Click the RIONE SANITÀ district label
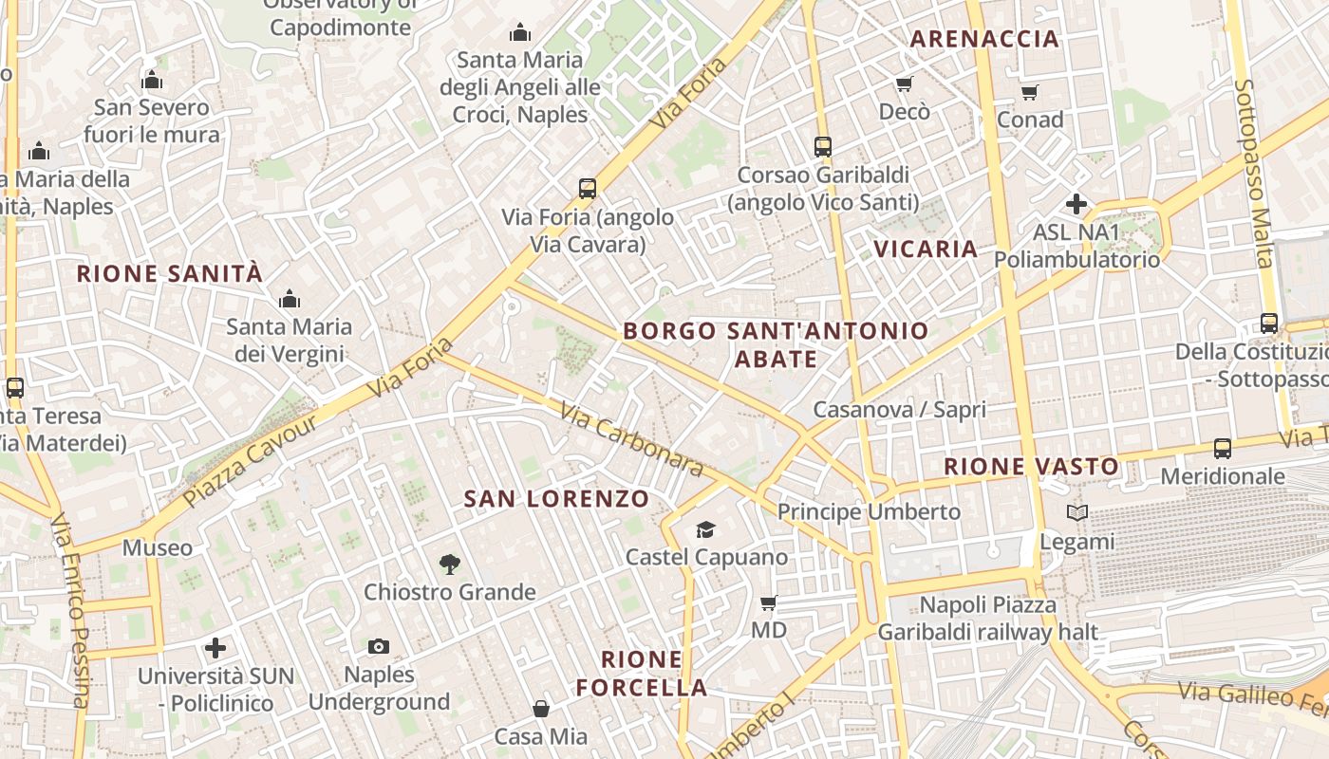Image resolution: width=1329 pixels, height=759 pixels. coord(169,274)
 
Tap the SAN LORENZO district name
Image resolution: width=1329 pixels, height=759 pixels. coord(556,499)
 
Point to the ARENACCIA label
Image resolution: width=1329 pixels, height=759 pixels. coord(984,39)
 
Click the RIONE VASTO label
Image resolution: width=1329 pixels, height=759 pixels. coord(1032,467)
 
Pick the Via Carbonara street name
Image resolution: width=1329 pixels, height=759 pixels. coord(631,439)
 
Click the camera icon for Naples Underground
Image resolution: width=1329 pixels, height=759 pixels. coord(379,647)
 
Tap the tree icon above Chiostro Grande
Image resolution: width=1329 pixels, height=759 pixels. coord(450,565)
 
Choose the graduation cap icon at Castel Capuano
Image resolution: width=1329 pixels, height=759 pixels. coord(705,529)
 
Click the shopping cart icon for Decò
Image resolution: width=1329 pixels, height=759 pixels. coord(904,84)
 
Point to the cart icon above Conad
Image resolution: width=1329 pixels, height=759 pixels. coord(1030,92)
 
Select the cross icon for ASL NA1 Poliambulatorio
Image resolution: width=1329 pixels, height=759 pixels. coord(1076,204)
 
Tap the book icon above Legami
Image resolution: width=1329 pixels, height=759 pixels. coord(1076,513)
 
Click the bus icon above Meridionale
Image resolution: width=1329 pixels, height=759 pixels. coord(1223,448)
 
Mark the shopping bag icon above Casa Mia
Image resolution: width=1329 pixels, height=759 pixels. coord(540,709)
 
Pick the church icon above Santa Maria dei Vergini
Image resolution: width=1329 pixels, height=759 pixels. coord(290,300)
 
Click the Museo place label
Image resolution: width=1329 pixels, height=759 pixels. coord(158,547)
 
